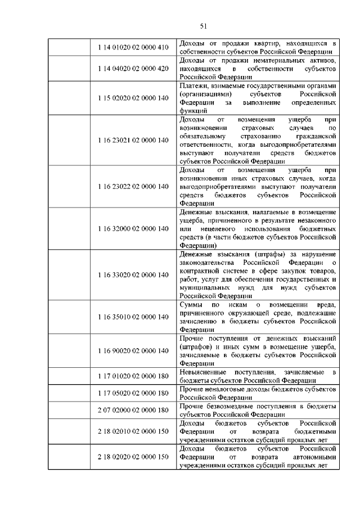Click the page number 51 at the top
204,25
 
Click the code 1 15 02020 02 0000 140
133,98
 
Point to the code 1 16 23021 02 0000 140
133,140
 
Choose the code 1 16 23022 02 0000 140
133,186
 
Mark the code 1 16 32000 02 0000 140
133,229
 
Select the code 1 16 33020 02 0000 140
133,275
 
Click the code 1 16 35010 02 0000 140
133,317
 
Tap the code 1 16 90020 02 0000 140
133,351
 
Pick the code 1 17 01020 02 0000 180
133,376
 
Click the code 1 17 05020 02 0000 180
133,393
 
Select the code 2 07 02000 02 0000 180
133,410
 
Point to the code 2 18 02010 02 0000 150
133,431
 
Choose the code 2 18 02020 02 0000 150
133,457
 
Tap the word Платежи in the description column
194,85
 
